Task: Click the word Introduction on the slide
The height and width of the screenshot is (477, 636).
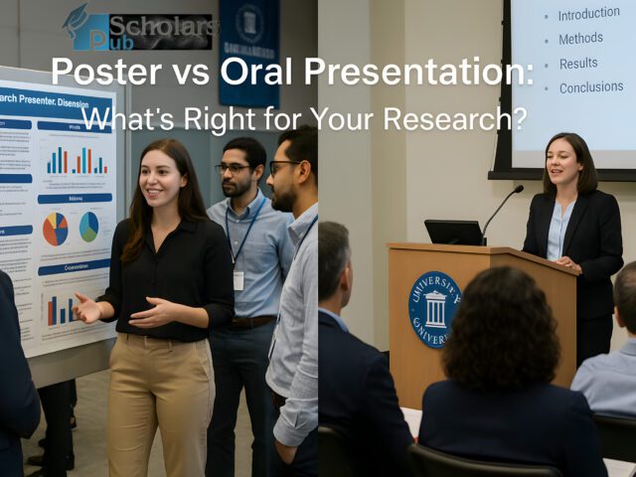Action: click(589, 15)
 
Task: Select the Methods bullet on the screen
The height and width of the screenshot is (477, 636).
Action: click(580, 39)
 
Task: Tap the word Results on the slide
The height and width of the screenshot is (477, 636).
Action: click(578, 63)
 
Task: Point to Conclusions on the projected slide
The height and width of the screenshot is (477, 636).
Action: click(591, 87)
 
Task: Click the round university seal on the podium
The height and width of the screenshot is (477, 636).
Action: click(434, 309)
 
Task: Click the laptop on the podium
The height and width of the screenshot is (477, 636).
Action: click(453, 233)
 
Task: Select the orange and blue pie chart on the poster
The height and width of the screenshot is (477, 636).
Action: click(56, 229)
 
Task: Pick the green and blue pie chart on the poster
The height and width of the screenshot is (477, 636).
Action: click(89, 227)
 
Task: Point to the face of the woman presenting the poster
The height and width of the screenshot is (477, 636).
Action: click(162, 180)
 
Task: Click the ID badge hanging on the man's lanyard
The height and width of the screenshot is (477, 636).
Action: click(238, 280)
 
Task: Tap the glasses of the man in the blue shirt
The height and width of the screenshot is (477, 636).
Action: click(235, 169)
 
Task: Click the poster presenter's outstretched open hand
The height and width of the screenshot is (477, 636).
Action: click(87, 309)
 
